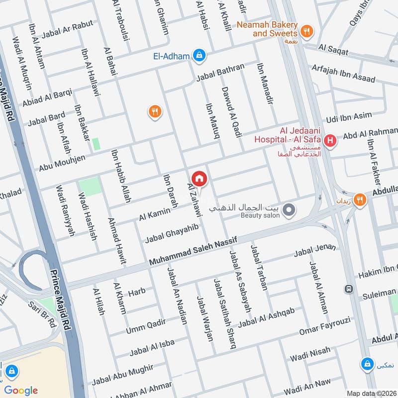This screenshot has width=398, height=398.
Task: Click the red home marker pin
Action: [199, 178]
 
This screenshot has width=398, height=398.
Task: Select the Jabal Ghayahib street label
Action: [172, 233]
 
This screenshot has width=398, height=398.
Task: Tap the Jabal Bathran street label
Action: [220, 72]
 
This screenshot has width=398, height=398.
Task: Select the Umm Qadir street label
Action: [146, 325]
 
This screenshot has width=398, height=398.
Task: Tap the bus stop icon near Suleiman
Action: [349, 289]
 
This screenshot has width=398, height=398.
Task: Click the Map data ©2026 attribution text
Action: [371, 393]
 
